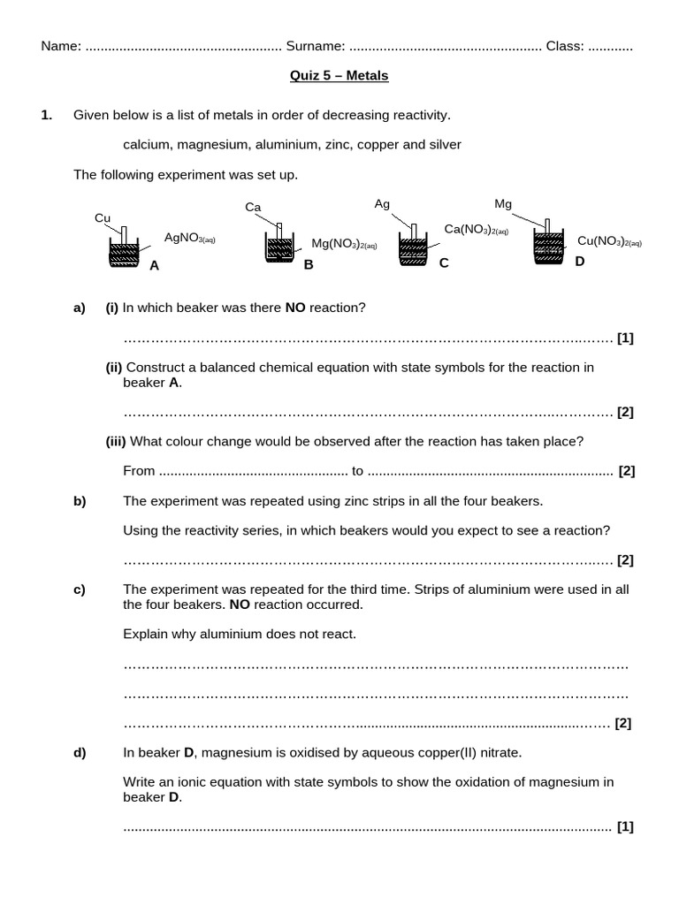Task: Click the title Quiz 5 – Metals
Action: coord(339,76)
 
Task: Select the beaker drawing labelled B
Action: coord(279,246)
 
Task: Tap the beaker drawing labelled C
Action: coord(412,248)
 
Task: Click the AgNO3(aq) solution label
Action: coord(190,237)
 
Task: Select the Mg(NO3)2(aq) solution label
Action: coord(344,243)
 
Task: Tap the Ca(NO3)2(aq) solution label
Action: coord(477,229)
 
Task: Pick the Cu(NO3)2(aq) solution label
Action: coord(609,240)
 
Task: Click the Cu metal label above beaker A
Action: coord(102,218)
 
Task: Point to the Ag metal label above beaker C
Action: coord(382,204)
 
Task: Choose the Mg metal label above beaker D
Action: coord(503,204)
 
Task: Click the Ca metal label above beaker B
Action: coord(253,208)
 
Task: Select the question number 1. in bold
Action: coord(47,115)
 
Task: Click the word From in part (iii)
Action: coord(139,471)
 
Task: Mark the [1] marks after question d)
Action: coord(626,827)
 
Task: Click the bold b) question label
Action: coord(80,501)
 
